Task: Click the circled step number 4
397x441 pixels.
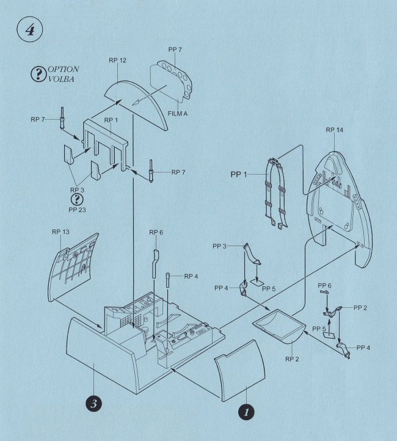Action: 30,29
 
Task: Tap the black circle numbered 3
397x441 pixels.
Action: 93,404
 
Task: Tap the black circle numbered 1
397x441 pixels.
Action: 246,412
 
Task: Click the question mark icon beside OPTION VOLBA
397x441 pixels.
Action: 38,74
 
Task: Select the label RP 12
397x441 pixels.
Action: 117,60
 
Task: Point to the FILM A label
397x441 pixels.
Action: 177,114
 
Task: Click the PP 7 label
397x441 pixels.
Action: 175,49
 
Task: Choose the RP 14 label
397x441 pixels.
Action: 334,130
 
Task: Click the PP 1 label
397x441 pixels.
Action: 238,174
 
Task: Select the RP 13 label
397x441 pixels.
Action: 60,231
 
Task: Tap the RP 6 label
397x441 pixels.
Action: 156,232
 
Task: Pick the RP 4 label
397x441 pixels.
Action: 191,277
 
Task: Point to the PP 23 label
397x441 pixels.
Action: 77,210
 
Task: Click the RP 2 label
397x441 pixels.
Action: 292,359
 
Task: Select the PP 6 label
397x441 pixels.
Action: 324,286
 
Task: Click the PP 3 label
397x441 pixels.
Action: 219,246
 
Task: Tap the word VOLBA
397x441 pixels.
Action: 61,79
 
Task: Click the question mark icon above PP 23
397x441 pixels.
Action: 77,199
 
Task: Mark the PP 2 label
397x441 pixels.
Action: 360,308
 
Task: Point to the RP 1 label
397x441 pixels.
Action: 111,120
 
